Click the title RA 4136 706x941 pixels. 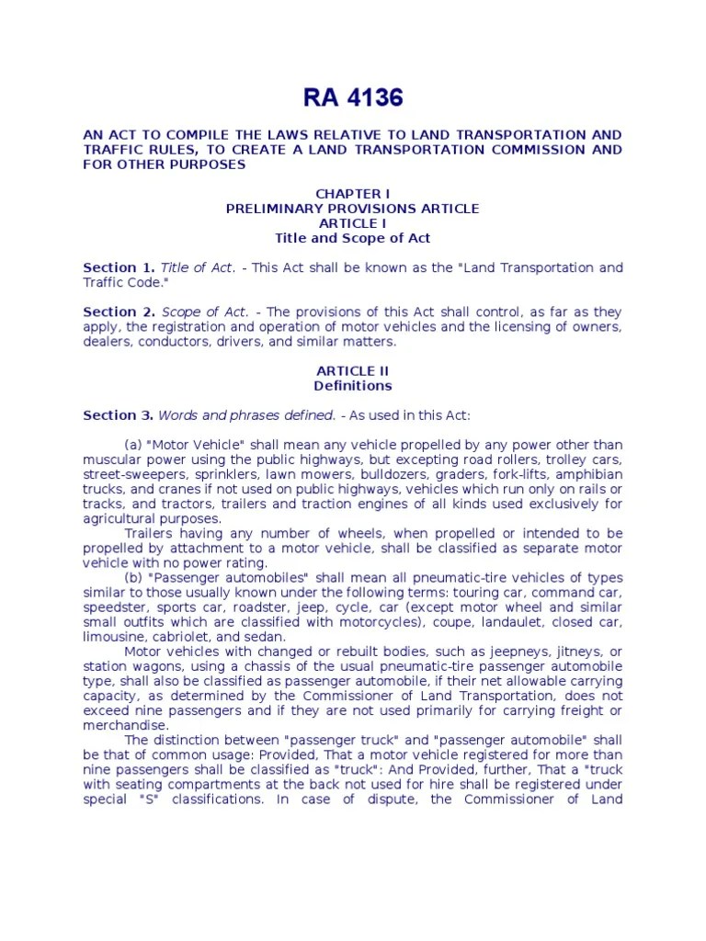pos(352,97)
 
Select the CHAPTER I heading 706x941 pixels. pos(353,194)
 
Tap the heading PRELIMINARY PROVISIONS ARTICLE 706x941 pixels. pos(353,209)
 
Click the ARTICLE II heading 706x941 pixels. pos(353,370)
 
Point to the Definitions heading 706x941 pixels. pos(353,385)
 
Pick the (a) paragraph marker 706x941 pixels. pos(134,445)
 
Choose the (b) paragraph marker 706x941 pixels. pos(134,578)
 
